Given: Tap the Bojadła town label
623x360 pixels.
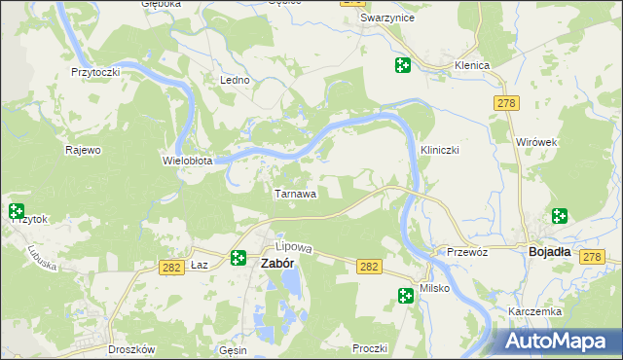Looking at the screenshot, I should coord(549,251).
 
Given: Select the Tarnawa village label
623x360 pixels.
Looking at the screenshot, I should coord(295,194).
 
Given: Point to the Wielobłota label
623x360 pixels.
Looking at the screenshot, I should coord(187,161).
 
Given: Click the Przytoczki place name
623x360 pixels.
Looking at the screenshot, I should coord(95,72).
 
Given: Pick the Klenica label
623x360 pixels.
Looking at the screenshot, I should coord(471,65).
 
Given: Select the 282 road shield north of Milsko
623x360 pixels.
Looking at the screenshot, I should coord(369,266).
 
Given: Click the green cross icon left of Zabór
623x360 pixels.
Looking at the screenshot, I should coord(238,258).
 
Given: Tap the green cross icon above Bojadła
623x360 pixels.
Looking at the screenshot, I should coord(560,216).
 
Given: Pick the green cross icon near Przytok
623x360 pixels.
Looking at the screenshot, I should coord(16,210).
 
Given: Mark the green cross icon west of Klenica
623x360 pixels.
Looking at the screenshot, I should coord(402,65).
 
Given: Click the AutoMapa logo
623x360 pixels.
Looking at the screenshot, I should coord(559,341).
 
